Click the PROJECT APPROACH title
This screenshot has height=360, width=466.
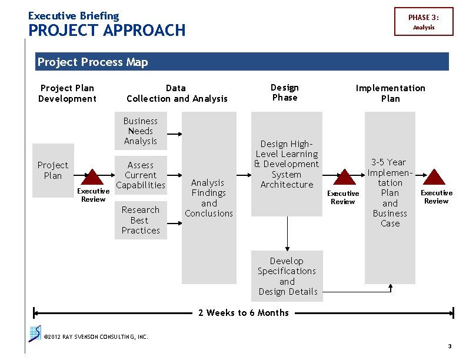point(106,31)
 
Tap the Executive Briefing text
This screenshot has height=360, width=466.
point(74,16)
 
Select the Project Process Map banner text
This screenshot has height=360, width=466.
point(92,62)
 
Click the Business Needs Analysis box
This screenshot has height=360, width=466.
point(141,131)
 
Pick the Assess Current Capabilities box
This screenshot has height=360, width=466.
point(141,175)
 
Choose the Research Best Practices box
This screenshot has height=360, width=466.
point(141,220)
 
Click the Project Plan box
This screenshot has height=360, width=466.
point(53,171)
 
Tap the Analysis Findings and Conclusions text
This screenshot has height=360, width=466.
point(209,198)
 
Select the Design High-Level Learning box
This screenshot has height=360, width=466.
point(287,164)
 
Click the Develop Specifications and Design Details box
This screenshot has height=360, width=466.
point(287,276)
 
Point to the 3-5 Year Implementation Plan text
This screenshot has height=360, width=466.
point(390,192)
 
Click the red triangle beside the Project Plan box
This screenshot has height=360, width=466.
point(93,178)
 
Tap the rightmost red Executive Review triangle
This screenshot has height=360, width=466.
point(435,178)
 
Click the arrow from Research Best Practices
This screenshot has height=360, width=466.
point(174,223)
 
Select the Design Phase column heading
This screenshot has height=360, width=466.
point(285,92)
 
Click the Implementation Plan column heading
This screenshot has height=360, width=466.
point(390,93)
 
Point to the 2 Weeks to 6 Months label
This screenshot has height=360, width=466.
point(244,313)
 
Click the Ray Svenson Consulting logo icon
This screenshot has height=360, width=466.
point(35,334)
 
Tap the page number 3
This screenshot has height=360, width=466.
point(450,346)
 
